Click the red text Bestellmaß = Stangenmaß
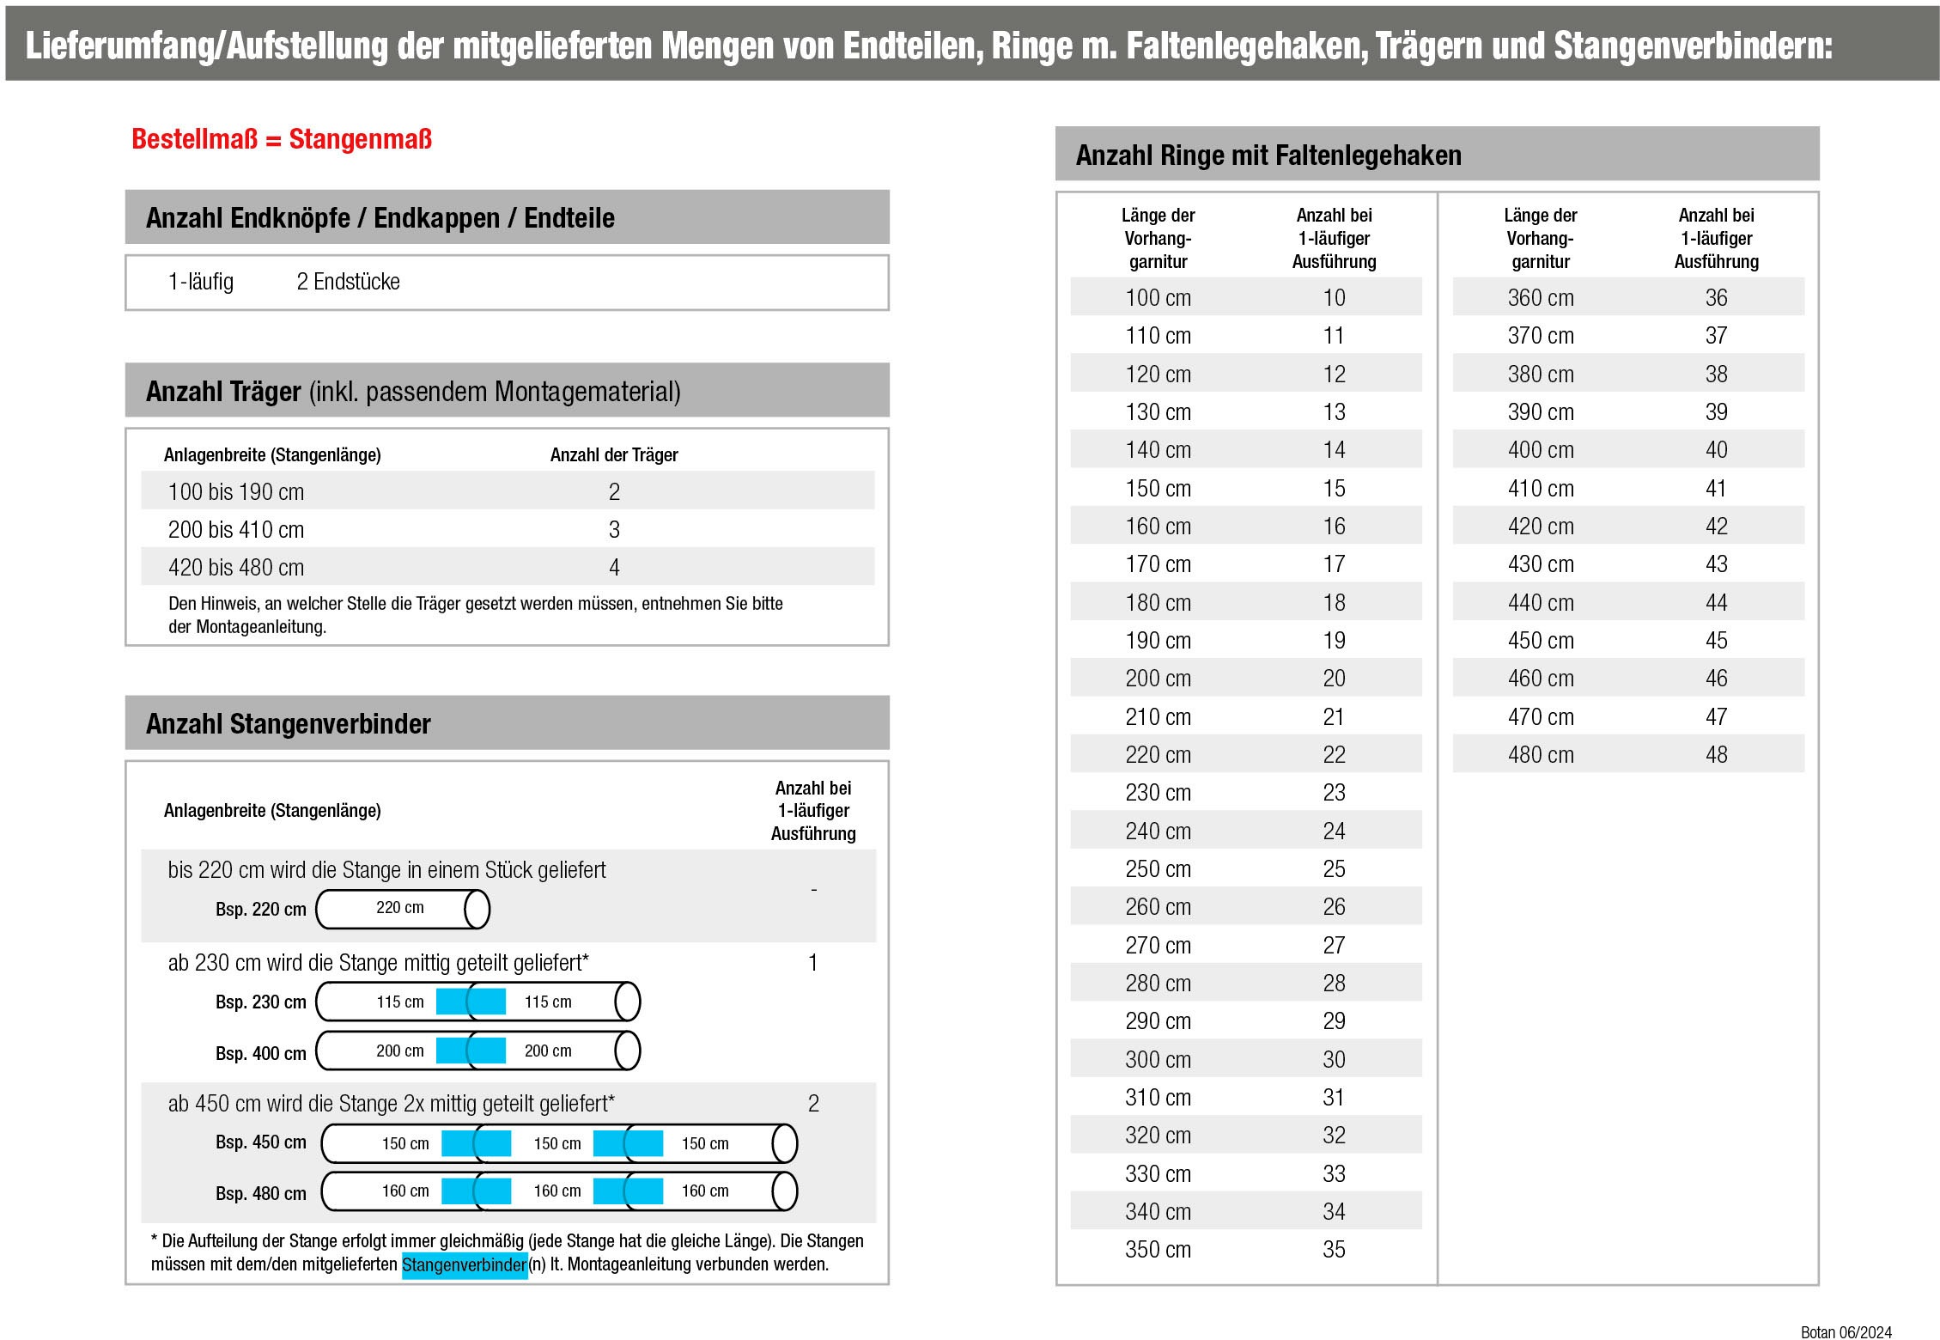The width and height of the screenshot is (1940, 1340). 281,139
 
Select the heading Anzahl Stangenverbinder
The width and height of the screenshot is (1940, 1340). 288,724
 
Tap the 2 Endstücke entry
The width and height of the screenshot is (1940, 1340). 348,282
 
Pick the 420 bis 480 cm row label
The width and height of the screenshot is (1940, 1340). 236,568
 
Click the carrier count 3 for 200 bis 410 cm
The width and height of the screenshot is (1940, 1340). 614,530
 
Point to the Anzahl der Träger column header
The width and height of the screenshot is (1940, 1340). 614,455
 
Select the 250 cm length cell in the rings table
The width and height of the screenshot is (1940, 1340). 1158,869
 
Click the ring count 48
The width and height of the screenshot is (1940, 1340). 1716,755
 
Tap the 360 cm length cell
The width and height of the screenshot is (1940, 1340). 1541,298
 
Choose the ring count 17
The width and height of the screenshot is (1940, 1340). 1334,564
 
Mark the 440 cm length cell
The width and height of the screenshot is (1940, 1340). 1541,603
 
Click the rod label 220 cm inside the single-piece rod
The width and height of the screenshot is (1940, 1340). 399,908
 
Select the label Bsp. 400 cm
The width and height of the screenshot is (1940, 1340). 260,1054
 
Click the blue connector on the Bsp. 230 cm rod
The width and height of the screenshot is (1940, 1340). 471,1002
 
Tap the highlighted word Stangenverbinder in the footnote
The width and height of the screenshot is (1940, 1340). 464,1265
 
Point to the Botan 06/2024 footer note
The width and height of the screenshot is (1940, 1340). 1846,1332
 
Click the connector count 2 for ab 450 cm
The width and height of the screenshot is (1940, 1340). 813,1104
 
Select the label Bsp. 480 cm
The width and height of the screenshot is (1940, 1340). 260,1194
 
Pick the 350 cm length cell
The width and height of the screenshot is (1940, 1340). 1158,1250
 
